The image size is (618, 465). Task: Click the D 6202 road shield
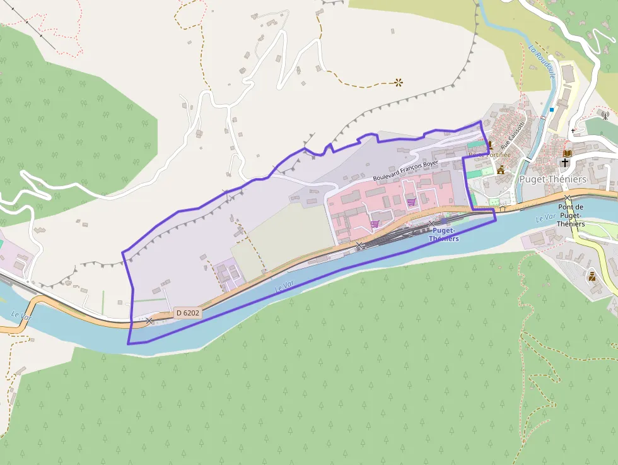[x=187, y=312]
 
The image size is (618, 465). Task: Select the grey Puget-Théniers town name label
[x=552, y=179]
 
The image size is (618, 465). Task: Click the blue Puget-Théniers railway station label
[x=444, y=235]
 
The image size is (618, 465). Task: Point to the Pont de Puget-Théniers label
[x=571, y=215]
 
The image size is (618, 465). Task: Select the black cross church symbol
[x=565, y=163]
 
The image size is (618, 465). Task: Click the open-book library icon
[x=567, y=153]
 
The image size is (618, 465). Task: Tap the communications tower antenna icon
[x=605, y=115]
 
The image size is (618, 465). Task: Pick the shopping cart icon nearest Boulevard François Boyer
[x=411, y=202]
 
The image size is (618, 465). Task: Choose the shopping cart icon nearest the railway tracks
[x=375, y=223]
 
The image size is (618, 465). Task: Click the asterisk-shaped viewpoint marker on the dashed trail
[x=399, y=81]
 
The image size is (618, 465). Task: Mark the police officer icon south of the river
[x=592, y=276]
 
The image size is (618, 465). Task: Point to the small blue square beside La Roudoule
[x=551, y=110]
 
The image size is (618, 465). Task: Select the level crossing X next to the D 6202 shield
[x=149, y=321]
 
